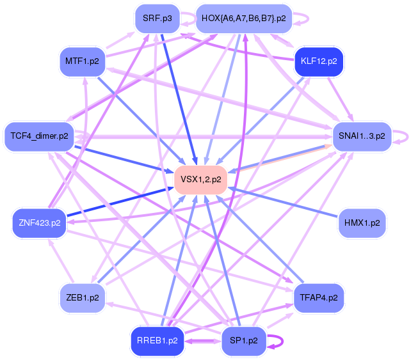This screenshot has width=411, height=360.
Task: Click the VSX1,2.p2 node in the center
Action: pyautogui.click(x=201, y=179)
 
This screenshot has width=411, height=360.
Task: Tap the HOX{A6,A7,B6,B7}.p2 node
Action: pyautogui.click(x=243, y=19)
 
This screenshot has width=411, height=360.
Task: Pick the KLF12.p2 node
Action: pyautogui.click(x=319, y=62)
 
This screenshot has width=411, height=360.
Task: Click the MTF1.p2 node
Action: pyautogui.click(x=81, y=61)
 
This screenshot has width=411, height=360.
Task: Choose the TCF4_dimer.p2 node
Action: pyautogui.click(x=39, y=136)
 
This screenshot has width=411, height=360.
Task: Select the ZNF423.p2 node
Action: pyautogui.click(x=39, y=223)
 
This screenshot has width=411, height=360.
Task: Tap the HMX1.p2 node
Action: pyautogui.click(x=362, y=223)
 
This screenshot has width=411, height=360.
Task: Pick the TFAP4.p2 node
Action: pyautogui.click(x=318, y=297)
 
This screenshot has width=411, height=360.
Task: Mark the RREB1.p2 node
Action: pyautogui.click(x=157, y=340)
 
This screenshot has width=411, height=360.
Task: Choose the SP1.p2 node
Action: pyautogui.click(x=243, y=340)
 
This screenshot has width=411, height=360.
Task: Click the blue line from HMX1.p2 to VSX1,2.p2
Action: pyautogui.click(x=288, y=203)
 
